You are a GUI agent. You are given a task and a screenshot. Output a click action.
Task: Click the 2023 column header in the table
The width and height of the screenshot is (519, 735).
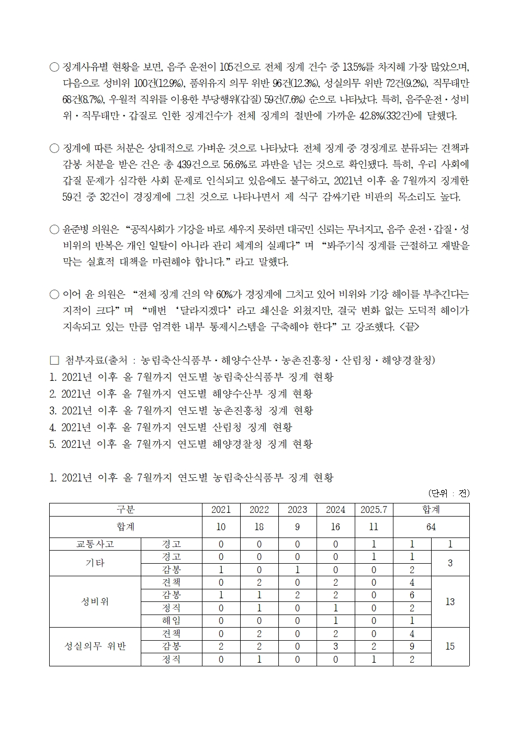(x=297, y=510)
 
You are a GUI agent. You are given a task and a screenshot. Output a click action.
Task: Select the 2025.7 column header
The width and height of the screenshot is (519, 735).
(x=374, y=510)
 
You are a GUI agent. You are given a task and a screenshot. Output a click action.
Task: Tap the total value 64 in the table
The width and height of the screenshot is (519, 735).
(x=431, y=527)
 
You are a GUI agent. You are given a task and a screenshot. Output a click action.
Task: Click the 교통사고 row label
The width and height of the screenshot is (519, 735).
(x=95, y=544)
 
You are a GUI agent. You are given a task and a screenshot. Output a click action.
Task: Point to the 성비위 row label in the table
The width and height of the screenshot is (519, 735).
(x=95, y=601)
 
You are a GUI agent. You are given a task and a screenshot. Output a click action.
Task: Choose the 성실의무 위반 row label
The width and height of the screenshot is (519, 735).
(x=95, y=646)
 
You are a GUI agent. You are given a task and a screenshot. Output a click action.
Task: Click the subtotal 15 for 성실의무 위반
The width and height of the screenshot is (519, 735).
(x=450, y=646)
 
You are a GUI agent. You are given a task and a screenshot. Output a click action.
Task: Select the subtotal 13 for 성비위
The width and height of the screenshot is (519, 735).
(x=450, y=601)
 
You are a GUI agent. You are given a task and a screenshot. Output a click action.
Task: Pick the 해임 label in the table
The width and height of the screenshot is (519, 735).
(x=172, y=621)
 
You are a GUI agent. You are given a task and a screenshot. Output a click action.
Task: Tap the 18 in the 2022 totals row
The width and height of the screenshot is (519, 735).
(x=259, y=527)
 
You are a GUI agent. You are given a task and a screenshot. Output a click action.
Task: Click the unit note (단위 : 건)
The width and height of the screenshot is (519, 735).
(x=449, y=493)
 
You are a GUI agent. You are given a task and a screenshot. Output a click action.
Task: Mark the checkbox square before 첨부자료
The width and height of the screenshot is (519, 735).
(x=54, y=360)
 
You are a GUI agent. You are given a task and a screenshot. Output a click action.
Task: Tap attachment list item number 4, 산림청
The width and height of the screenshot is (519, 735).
(x=171, y=427)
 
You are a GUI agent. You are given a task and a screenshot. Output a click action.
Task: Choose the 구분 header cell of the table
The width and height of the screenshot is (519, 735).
(x=126, y=510)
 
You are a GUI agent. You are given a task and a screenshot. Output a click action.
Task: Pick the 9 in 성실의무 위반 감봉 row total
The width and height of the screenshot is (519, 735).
(x=412, y=646)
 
